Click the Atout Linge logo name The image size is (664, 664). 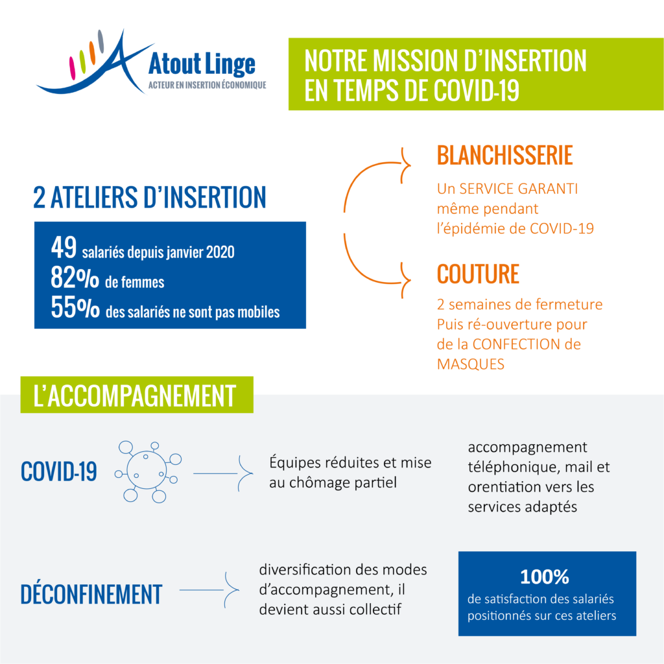coord(202,64)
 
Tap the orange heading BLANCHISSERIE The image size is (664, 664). coord(504,156)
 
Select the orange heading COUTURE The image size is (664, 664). coord(478,274)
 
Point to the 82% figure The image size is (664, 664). coord(75,278)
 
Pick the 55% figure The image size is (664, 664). coord(75,307)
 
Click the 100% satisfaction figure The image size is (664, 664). coord(545,576)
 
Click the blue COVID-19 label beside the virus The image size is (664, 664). coord(59,471)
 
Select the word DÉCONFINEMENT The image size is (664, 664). coord(91,594)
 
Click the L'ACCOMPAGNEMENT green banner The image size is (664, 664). coord(137,395)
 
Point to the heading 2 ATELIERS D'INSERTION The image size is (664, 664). coord(150,197)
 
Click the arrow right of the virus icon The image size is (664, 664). coord(223,473)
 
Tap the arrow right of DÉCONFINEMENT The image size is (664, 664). coord(209,590)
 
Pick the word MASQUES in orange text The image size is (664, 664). coord(471,364)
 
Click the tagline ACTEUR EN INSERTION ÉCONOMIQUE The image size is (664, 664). coord(207,85)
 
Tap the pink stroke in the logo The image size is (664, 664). coord(72,68)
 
